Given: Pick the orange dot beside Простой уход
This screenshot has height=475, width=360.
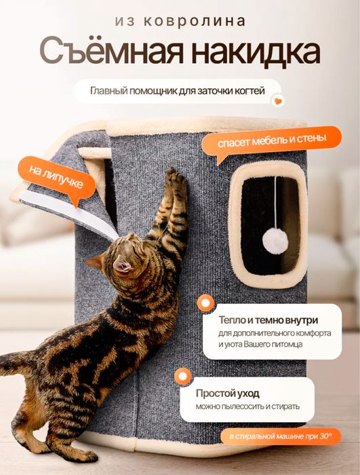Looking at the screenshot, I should pyautogui.click(x=180, y=376).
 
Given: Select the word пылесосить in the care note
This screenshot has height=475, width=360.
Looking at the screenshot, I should pyautogui.click(x=254, y=407).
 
